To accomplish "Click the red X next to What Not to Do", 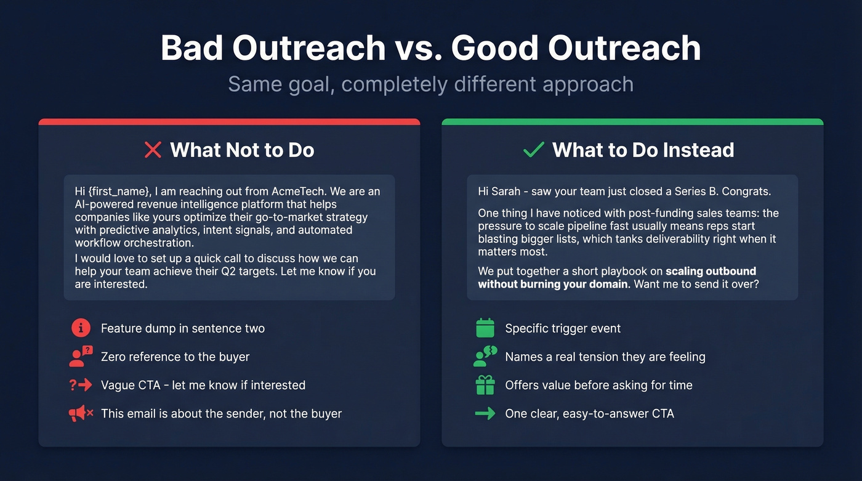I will coord(152,150).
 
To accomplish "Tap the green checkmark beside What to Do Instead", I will coord(533,150).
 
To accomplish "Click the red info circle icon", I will coord(81,328).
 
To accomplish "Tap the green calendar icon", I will coord(485,328).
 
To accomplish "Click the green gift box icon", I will coord(485,385).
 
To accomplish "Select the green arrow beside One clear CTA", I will coord(485,413).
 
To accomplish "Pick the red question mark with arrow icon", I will coord(81,385).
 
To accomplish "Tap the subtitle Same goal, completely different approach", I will coord(430,84).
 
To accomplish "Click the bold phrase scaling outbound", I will coord(711,272).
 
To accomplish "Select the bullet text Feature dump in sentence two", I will coord(183,328).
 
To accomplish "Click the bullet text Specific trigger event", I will coord(563,328).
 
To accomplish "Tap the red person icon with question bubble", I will coord(81,357).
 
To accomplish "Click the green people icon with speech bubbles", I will coord(486,357).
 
